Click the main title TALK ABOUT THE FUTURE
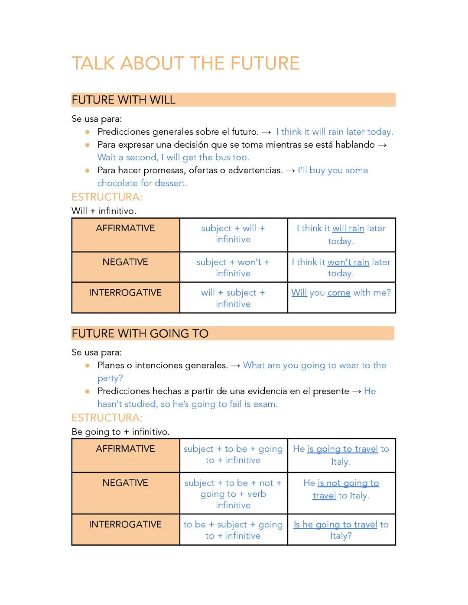(185, 63)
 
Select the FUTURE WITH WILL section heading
(123, 100)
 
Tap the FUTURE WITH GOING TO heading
(140, 333)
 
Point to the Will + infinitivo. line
(104, 211)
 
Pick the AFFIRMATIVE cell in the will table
(125, 234)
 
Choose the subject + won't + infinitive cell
(233, 267)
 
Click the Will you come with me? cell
(341, 293)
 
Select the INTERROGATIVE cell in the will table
(125, 298)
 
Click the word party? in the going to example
(110, 378)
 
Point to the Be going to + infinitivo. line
(120, 432)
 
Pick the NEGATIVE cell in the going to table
(125, 493)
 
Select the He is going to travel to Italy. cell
(341, 455)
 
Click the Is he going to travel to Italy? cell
(341, 530)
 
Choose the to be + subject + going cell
(233, 530)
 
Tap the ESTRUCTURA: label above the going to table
(107, 418)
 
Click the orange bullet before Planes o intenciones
(88, 366)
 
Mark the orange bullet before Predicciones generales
(88, 132)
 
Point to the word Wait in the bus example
(107, 158)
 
